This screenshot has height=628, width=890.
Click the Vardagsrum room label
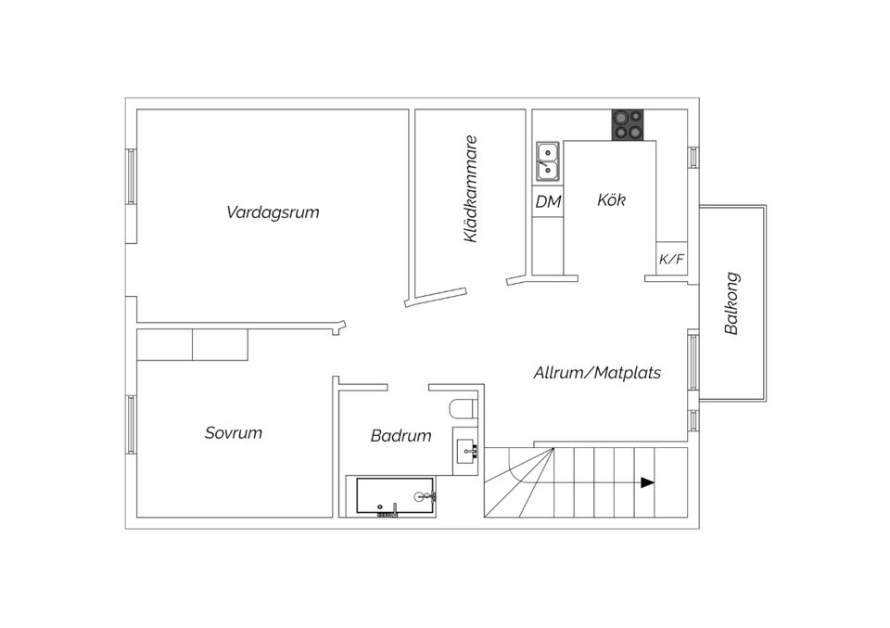coord(273,212)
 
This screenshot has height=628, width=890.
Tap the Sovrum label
coord(234,433)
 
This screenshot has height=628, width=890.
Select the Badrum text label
coord(400,436)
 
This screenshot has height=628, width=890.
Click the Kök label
coord(612,199)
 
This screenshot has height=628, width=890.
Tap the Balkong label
coord(731,303)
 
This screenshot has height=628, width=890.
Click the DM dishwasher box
coord(548,201)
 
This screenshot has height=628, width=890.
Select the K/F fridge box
coord(671,259)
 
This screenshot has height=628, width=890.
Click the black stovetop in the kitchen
coord(628,125)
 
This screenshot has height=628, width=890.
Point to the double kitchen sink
coord(548,160)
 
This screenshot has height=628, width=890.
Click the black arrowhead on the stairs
coord(647,482)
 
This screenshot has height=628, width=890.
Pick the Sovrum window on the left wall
coord(132,426)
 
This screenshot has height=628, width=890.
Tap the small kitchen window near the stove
coord(691,157)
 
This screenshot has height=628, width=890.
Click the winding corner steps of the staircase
coord(519,482)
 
